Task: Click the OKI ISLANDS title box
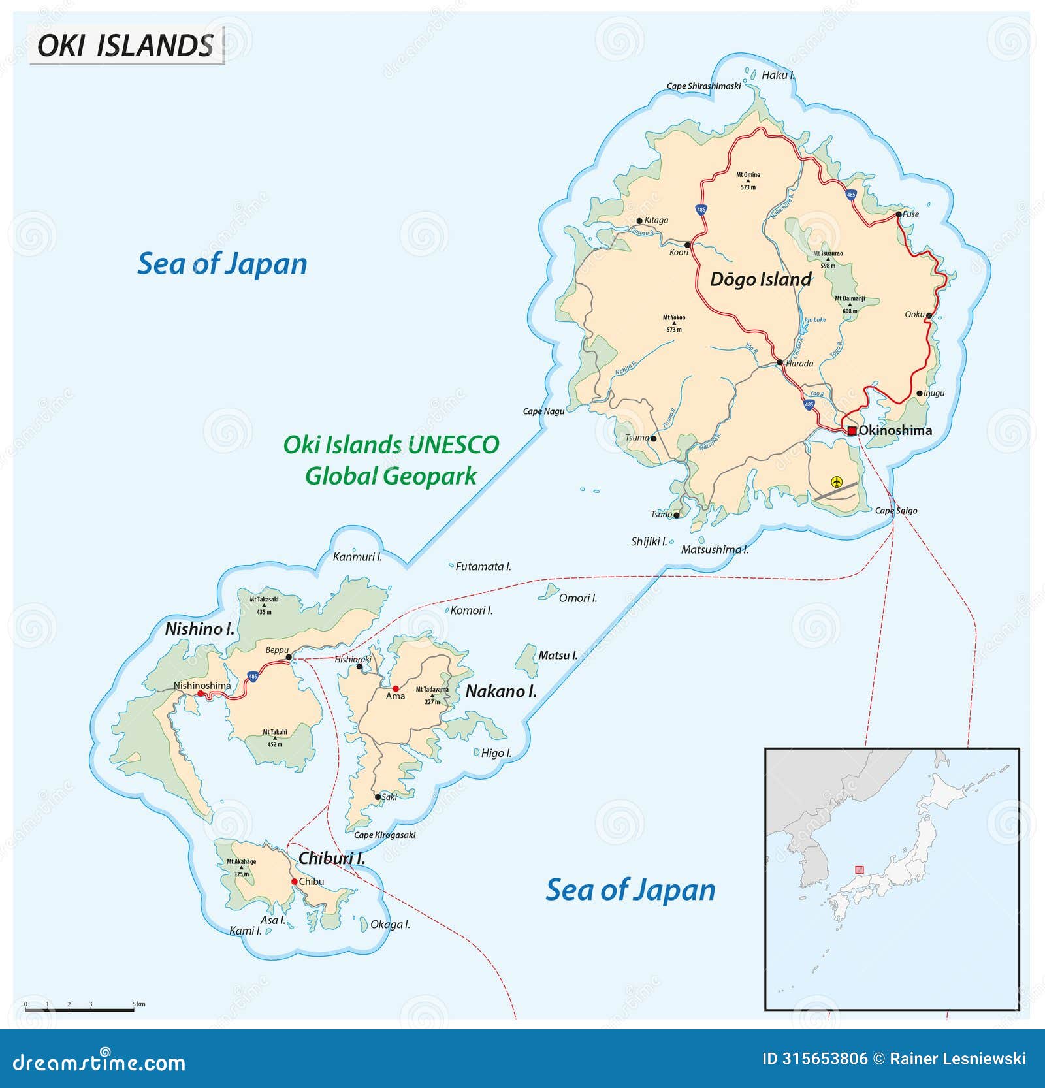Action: point(126,45)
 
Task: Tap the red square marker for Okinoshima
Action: point(852,430)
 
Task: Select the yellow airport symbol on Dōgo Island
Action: point(837,482)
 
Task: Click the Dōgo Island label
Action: point(760,280)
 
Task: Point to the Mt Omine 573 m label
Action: point(748,180)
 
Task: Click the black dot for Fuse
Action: point(899,214)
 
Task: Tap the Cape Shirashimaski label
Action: point(703,86)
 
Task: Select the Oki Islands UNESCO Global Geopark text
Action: point(391,460)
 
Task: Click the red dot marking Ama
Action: point(396,688)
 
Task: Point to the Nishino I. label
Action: point(199,629)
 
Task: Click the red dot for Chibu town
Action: point(295,882)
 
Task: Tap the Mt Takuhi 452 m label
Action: point(275,738)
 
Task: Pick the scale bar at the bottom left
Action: point(80,1010)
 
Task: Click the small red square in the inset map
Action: point(859,869)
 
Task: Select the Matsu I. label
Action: point(557,655)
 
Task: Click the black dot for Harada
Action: point(780,362)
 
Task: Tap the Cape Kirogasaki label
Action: point(384,835)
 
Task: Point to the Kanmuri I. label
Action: point(357,557)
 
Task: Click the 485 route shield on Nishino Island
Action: point(253,676)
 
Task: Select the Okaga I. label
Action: point(390,924)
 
